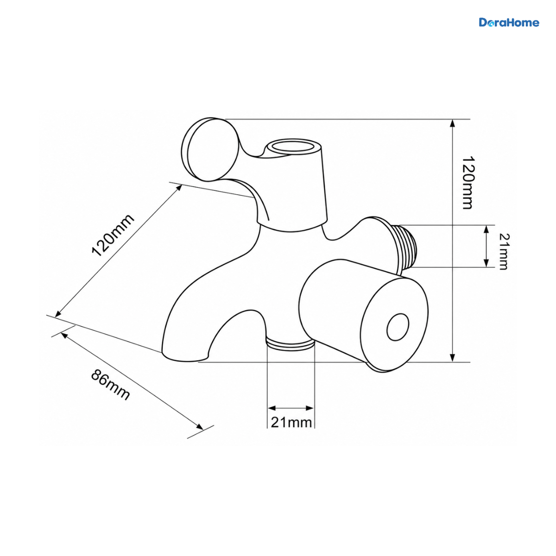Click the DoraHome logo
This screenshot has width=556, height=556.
coord(509,23)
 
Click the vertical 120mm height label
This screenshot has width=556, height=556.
coord(468,183)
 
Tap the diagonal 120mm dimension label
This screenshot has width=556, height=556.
coord(113,235)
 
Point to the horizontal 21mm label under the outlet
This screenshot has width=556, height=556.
coord(291,423)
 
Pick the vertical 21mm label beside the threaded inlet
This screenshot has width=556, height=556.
coord(504,251)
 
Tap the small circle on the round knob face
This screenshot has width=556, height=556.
coord(398,327)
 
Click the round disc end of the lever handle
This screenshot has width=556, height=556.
coord(210,150)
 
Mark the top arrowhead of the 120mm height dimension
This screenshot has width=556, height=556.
coord(452,123)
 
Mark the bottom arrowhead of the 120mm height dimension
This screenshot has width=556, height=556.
coord(452,358)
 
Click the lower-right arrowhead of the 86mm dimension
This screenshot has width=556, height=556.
coord(199,426)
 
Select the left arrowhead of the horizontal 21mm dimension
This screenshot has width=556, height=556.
coord(272,408)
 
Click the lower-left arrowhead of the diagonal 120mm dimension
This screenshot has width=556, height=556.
coord(58,314)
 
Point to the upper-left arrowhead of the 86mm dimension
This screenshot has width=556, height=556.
coord(64,335)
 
